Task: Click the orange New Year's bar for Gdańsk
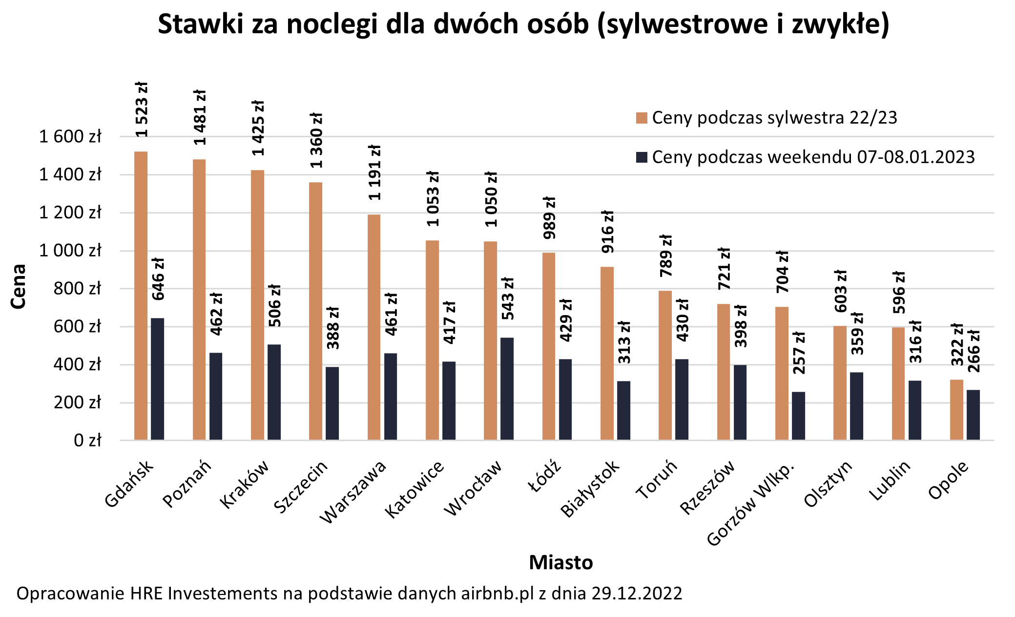(141, 296)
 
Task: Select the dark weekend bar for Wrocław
(507, 388)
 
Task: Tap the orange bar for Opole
(956, 409)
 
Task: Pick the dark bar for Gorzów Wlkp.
(798, 416)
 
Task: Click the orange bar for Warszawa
(374, 327)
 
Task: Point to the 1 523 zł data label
(142, 110)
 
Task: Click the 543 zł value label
(508, 299)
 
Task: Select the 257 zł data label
(799, 353)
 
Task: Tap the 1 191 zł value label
(374, 172)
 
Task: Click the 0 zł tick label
(87, 440)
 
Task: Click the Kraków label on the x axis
(244, 485)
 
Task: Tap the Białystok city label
(590, 489)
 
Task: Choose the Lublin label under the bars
(890, 481)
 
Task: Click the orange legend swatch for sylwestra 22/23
(642, 118)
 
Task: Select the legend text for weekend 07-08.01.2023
(813, 157)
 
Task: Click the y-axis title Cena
(18, 286)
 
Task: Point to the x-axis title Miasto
(560, 562)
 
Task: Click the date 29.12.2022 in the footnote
(637, 594)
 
